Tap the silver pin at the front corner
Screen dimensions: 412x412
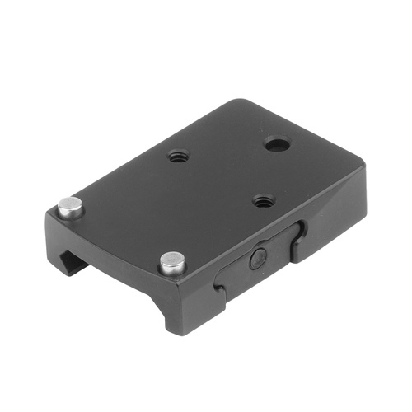click(171, 262)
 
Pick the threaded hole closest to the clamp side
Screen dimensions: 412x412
click(264, 200)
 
